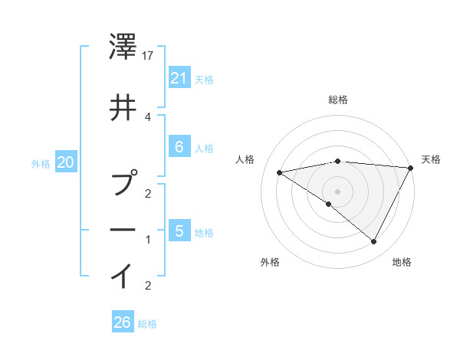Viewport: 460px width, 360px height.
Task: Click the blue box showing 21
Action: [x=179, y=77]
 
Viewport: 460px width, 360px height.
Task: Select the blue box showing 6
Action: [x=179, y=147]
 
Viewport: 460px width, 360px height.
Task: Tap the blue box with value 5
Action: [x=179, y=231]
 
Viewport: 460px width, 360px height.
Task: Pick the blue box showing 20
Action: [x=66, y=162]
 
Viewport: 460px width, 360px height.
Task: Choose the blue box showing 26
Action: [x=123, y=322]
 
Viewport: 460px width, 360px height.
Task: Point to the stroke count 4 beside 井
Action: [x=148, y=116]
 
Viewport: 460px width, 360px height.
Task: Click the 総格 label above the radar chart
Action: [x=338, y=100]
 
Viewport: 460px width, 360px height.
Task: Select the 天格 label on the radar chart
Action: [x=431, y=159]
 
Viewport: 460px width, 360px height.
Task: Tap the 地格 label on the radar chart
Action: [x=402, y=262]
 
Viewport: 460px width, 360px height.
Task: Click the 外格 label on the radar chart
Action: [x=270, y=262]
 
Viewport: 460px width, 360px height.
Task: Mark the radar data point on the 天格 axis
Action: [x=412, y=168]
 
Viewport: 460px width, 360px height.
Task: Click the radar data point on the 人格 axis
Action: [x=280, y=172]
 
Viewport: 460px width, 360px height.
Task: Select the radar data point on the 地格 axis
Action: [x=374, y=241]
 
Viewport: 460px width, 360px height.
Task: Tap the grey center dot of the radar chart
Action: [x=338, y=191]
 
